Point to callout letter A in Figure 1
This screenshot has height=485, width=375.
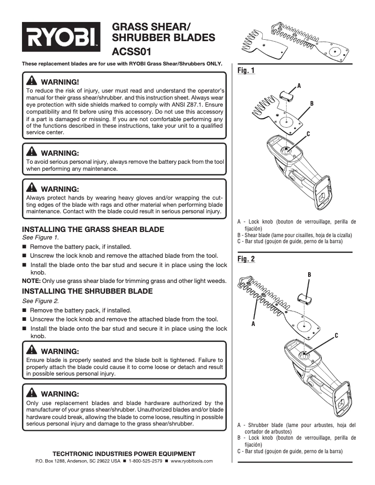point(299,86)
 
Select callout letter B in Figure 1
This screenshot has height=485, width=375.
point(311,103)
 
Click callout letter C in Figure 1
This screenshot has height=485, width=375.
point(308,134)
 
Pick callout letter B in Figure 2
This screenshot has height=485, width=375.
point(309,274)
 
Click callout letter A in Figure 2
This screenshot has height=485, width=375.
point(253,324)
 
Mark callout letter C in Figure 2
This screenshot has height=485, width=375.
point(336,336)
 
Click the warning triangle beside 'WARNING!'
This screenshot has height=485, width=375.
point(32,80)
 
